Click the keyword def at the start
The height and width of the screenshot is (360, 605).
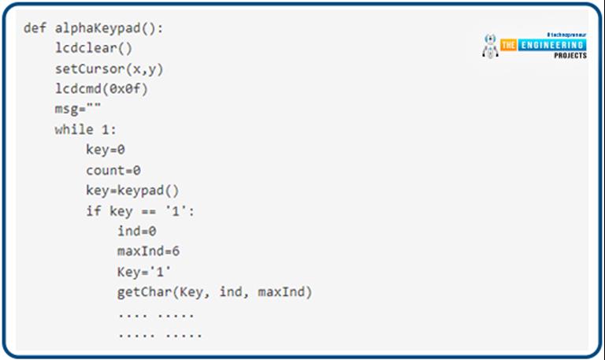point(33,28)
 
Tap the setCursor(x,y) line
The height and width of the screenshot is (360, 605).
point(109,69)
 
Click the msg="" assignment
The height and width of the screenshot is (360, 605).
point(78,109)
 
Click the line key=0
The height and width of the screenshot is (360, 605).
point(106,149)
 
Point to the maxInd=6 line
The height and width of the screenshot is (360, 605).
point(149,251)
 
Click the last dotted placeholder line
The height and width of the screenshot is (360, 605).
point(160,333)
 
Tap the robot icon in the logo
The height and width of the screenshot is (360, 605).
point(489,46)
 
